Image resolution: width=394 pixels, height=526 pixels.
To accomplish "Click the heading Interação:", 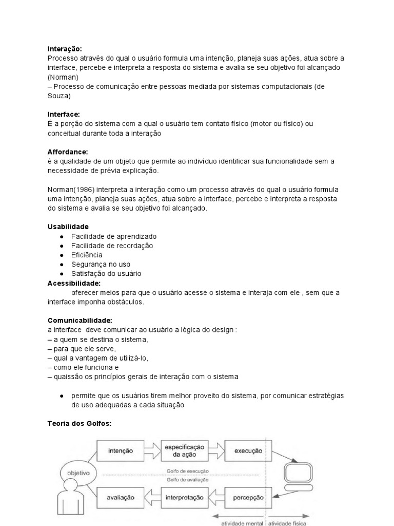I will click(64, 49).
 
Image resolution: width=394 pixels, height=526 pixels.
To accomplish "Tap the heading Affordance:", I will click(68, 152).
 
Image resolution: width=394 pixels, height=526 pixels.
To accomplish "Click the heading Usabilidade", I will click(68, 227).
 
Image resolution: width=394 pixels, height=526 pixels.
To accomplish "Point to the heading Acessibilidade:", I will click(74, 283).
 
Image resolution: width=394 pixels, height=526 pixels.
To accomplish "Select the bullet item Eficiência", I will click(87, 255).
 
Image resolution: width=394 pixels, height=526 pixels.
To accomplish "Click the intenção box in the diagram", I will click(121, 451).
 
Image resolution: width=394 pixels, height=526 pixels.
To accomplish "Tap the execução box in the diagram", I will click(248, 451).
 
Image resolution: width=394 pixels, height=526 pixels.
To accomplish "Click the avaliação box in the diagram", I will click(121, 497).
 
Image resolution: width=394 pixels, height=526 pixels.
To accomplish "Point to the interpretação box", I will click(184, 497).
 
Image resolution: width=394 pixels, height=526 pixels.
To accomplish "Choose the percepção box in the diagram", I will click(248, 497).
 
